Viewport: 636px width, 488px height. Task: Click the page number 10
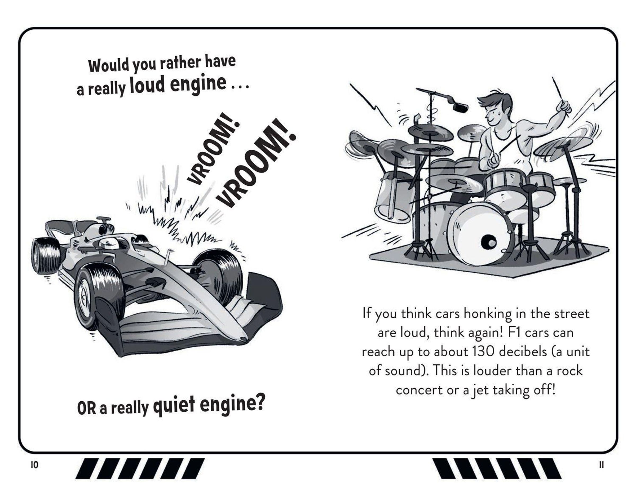[34, 465]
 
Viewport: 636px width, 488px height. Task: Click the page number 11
[602, 465]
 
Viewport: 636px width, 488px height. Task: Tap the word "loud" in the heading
[147, 85]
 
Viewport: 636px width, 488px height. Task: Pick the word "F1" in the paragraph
[514, 332]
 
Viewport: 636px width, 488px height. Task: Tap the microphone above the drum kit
[460, 108]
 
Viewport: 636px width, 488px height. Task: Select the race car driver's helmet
[109, 243]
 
